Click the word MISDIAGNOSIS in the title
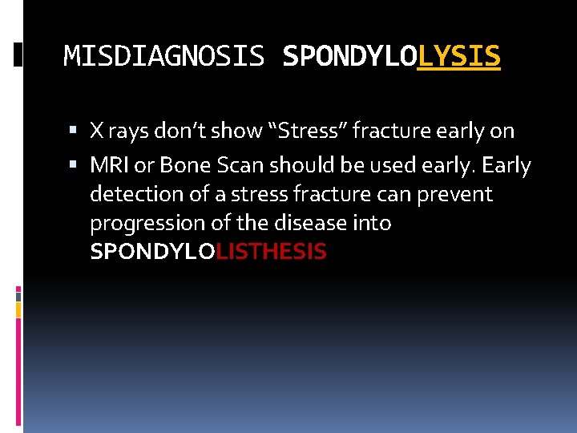[163, 56]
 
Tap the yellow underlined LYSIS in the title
[458, 56]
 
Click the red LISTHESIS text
[272, 252]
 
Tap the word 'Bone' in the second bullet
[178, 166]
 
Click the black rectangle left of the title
[18, 55]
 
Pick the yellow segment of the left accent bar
[18, 308]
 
